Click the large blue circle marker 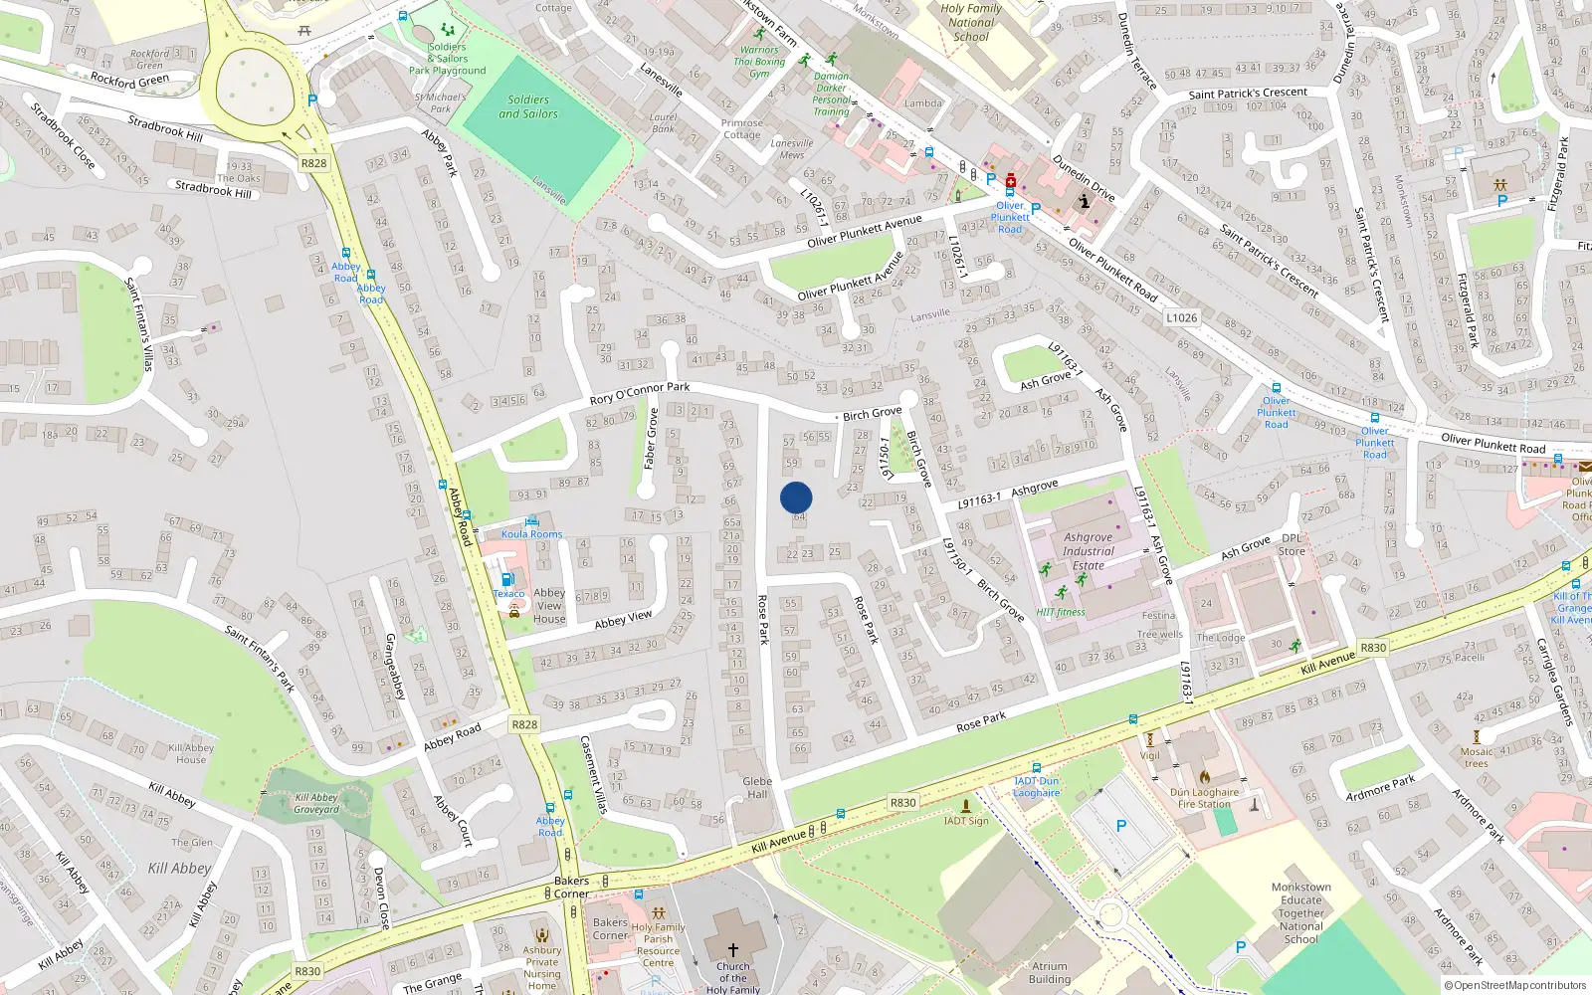pos(796,497)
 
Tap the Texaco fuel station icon pos(507,579)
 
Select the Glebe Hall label pos(757,787)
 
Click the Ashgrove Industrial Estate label pos(1088,550)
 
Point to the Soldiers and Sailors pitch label pos(527,106)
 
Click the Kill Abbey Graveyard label pos(316,803)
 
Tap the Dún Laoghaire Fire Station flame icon pos(1204,777)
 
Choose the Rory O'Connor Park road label pos(640,393)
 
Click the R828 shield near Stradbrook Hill pos(313,163)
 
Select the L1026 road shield pos(1182,317)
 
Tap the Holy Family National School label pos(971,22)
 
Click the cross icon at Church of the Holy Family pos(733,950)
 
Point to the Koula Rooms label pos(531,534)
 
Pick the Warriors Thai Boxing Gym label pos(760,62)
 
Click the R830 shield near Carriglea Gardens pos(1373,648)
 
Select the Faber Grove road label pos(651,438)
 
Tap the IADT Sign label pos(966,821)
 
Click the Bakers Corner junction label pos(571,887)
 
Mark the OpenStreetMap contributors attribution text pos(1514,985)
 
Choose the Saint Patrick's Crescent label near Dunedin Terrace pos(1248,94)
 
